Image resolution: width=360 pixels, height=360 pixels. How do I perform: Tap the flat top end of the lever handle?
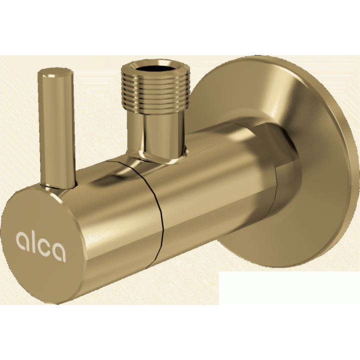[55, 73]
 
